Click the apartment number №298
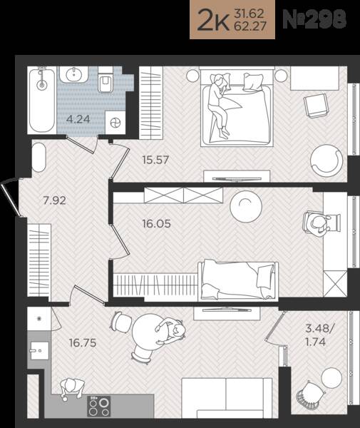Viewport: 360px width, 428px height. click(314, 19)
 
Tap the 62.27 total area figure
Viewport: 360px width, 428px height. click(250, 26)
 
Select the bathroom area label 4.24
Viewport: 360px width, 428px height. click(78, 119)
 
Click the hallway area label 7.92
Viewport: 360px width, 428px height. click(55, 200)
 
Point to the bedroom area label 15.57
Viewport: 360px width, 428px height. click(155, 160)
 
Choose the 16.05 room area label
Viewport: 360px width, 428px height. click(157, 224)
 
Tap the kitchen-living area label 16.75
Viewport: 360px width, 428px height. click(83, 343)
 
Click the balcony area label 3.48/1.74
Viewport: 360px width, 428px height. click(318, 335)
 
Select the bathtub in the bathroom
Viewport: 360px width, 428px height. click(42, 100)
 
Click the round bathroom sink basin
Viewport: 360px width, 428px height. click(73, 73)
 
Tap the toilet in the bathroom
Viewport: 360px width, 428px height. click(106, 83)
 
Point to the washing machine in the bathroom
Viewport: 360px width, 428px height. click(115, 123)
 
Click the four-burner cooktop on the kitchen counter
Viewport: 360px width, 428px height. click(98, 406)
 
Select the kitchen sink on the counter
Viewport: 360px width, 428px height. click(39, 351)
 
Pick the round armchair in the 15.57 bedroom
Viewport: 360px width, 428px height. click(326, 160)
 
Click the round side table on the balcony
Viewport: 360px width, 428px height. click(331, 377)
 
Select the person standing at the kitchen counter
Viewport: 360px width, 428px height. click(72, 387)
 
